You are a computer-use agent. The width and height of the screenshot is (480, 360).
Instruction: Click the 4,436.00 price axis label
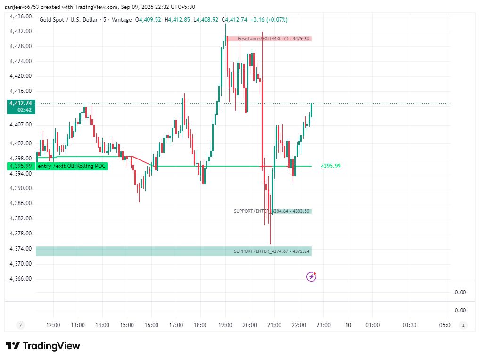click(20, 17)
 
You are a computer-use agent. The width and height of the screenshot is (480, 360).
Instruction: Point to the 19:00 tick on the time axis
click(225, 325)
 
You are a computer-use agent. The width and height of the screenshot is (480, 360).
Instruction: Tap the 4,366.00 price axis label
click(20, 279)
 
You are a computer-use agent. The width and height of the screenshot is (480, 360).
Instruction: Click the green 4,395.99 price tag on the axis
click(20, 166)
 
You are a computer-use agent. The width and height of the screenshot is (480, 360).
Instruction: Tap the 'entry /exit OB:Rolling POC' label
click(72, 166)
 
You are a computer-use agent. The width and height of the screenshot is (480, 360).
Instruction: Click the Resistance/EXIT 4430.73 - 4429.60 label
click(273, 39)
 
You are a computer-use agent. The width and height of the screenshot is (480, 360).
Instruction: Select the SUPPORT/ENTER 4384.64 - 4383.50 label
click(272, 211)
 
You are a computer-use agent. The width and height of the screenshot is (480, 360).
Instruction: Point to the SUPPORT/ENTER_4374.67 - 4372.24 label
click(272, 251)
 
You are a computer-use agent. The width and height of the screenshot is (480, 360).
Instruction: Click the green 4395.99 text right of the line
click(331, 166)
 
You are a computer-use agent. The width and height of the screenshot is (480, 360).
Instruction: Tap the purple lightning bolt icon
click(311, 276)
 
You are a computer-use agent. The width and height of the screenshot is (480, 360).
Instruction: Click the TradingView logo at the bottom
click(43, 346)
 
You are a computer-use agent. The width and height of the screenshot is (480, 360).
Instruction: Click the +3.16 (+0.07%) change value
click(269, 20)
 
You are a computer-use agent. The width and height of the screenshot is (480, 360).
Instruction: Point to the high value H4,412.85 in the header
click(177, 20)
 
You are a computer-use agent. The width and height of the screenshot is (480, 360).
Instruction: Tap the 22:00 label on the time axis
click(299, 325)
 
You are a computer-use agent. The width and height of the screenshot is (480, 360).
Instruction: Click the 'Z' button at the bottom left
click(20, 326)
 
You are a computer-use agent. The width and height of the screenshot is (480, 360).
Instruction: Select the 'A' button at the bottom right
click(463, 326)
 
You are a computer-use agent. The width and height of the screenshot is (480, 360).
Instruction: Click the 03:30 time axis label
click(409, 325)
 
